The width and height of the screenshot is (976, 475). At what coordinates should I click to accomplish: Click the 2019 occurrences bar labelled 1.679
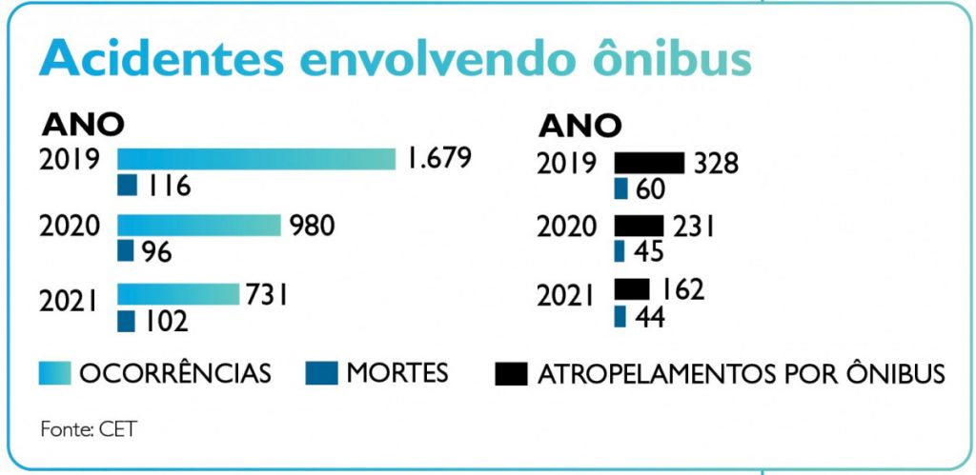255,159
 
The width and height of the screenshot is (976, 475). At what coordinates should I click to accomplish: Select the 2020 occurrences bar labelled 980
198,226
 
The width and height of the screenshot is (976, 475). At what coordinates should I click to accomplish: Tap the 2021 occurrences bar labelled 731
177,294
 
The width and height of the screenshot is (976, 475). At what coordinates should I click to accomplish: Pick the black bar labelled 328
649,163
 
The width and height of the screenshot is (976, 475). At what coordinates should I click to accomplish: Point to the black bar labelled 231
639,226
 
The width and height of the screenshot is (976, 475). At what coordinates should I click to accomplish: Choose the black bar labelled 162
632,288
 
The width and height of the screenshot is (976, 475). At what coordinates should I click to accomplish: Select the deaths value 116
169,186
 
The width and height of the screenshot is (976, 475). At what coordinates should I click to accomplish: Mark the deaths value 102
168,321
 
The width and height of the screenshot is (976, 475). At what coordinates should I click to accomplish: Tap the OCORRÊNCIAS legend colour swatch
54,373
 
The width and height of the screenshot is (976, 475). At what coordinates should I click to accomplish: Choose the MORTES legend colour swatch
321,373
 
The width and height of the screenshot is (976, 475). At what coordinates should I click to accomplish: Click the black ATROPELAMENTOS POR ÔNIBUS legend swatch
511,373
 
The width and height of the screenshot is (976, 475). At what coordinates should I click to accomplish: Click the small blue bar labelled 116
127,185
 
